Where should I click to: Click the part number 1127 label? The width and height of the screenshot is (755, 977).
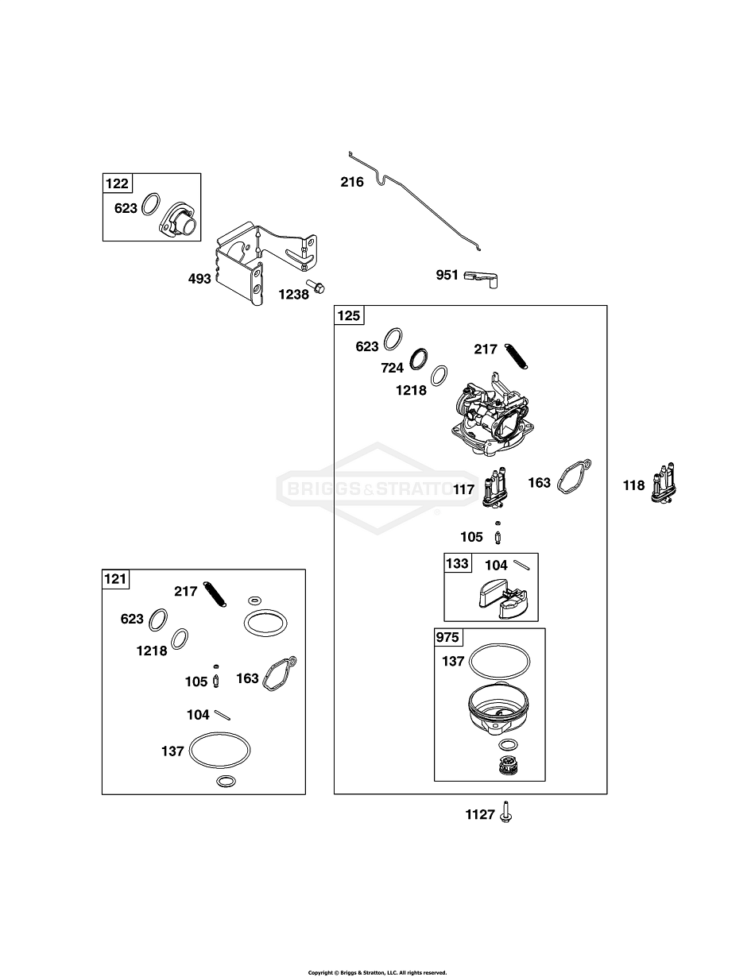click(x=480, y=814)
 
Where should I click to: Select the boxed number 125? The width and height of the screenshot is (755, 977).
click(x=349, y=316)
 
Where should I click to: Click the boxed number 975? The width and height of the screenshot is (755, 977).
click(x=447, y=638)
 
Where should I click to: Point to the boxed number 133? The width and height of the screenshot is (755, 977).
click(x=457, y=563)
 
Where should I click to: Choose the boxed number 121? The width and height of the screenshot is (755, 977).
click(x=115, y=579)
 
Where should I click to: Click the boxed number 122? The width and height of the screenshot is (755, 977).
click(x=117, y=184)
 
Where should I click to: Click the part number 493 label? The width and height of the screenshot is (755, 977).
click(x=199, y=279)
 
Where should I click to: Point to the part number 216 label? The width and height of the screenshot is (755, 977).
click(x=351, y=182)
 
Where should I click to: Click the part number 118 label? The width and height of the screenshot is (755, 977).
click(x=633, y=485)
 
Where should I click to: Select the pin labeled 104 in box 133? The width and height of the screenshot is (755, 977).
click(x=521, y=565)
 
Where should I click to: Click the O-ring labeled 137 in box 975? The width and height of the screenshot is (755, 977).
click(x=500, y=658)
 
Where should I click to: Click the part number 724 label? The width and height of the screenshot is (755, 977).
click(x=393, y=368)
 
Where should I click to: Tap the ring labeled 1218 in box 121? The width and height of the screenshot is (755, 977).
click(x=181, y=638)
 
